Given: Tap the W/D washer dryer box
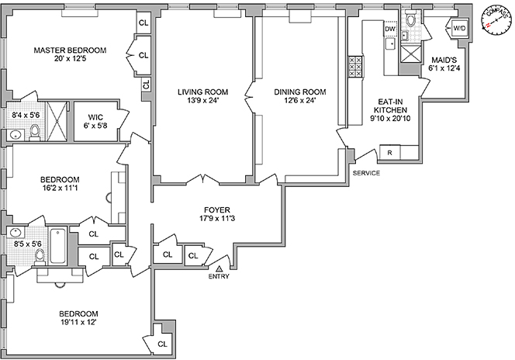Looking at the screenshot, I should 458,29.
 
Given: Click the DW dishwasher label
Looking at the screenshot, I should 390,29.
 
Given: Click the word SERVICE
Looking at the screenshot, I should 366,173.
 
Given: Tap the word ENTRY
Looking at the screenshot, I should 219,276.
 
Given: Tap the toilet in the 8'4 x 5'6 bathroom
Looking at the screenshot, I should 34,133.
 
